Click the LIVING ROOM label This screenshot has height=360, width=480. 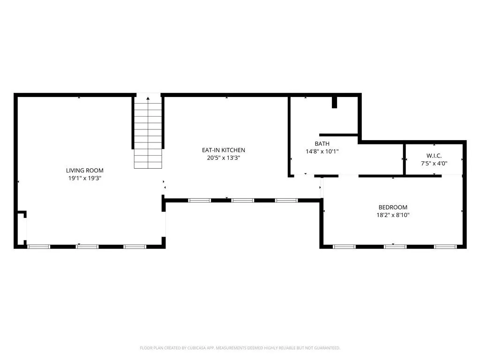(x=84, y=171)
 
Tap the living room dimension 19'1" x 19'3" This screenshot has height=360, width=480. (x=84, y=178)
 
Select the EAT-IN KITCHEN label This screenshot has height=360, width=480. (x=224, y=150)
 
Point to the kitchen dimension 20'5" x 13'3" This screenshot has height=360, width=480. (x=224, y=158)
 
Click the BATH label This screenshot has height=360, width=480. (x=322, y=144)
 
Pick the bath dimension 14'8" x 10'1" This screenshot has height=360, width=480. (x=322, y=151)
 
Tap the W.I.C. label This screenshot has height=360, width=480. (x=434, y=155)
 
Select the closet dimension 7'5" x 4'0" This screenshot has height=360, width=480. (x=434, y=163)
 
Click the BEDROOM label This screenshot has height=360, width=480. (x=393, y=207)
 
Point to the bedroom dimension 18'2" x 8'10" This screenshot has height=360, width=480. (x=393, y=215)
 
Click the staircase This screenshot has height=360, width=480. (x=148, y=134)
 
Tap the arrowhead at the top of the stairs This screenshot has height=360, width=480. (x=148, y=98)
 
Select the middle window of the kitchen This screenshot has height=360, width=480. (x=243, y=200)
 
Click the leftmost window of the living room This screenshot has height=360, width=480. (x=39, y=246)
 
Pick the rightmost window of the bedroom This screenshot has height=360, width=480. (x=445, y=246)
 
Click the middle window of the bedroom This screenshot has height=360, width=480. (x=395, y=246)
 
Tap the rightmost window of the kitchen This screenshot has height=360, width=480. (x=286, y=200)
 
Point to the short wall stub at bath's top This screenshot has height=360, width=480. (x=334, y=102)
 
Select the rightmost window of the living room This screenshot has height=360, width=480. (x=135, y=246)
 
